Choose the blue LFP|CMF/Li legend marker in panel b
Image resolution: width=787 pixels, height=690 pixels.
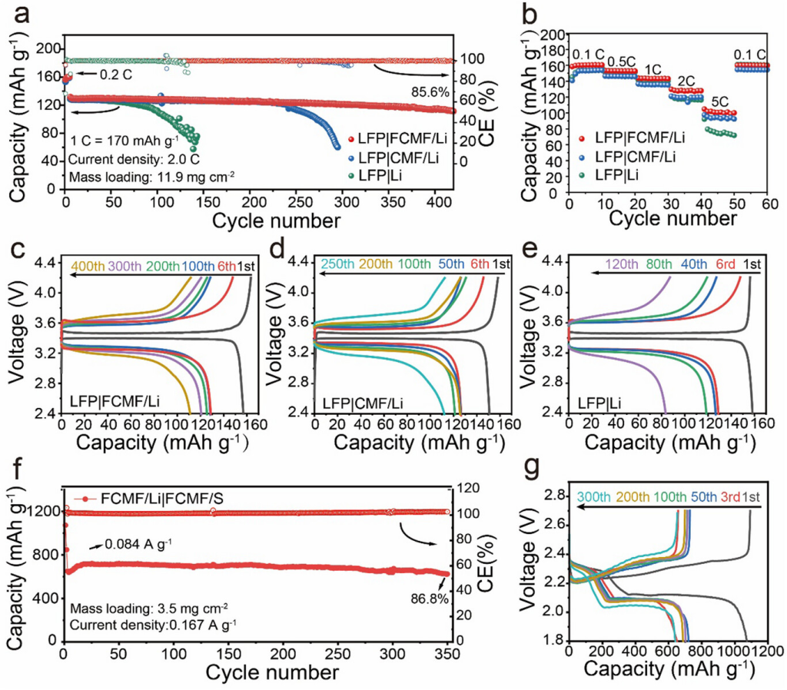click(x=583, y=158)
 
